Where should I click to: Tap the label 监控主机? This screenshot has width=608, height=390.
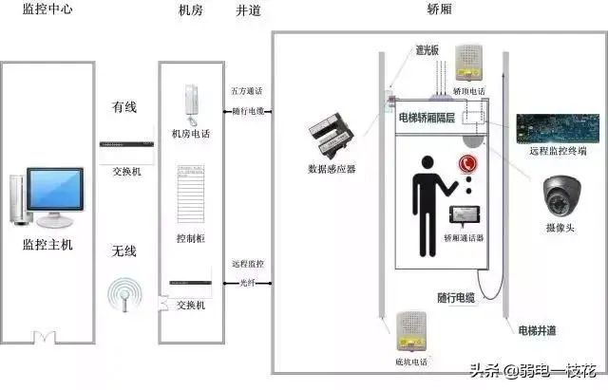(47, 245)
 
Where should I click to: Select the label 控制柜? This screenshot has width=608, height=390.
(190, 239)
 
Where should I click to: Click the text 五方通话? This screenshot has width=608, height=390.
(247, 91)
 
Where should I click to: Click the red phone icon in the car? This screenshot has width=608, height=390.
(466, 163)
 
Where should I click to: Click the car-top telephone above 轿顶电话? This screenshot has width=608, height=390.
(467, 62)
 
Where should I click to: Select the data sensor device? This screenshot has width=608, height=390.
(333, 138)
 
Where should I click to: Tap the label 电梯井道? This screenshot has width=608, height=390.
(538, 329)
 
